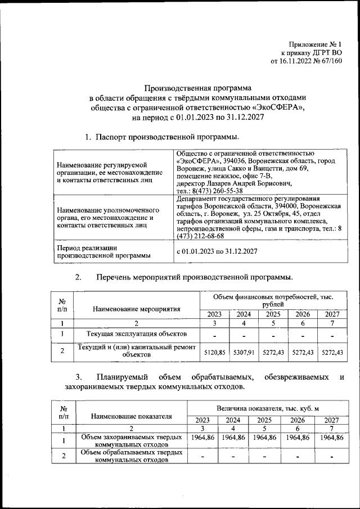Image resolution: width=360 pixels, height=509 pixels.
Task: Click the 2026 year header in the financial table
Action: tap(302, 314)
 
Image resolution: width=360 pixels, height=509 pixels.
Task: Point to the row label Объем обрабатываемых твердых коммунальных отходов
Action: tap(131, 456)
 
